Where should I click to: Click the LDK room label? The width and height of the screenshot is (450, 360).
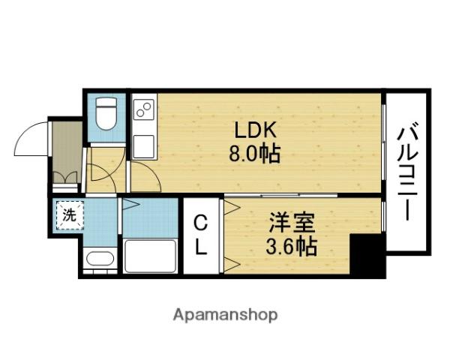(255, 129)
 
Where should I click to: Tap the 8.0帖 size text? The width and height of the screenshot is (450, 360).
(255, 154)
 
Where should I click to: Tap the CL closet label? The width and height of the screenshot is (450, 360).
(201, 235)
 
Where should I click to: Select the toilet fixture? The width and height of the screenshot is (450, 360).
(106, 114)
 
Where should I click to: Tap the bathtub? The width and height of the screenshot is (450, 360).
(150, 256)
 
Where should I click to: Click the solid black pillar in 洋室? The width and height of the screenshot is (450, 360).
(367, 256)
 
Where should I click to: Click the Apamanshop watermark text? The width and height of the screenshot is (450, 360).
(226, 314)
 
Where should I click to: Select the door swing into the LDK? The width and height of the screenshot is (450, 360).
(147, 177)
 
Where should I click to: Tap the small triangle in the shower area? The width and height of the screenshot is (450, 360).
(130, 204)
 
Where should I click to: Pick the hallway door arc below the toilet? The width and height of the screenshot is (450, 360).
(101, 171)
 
